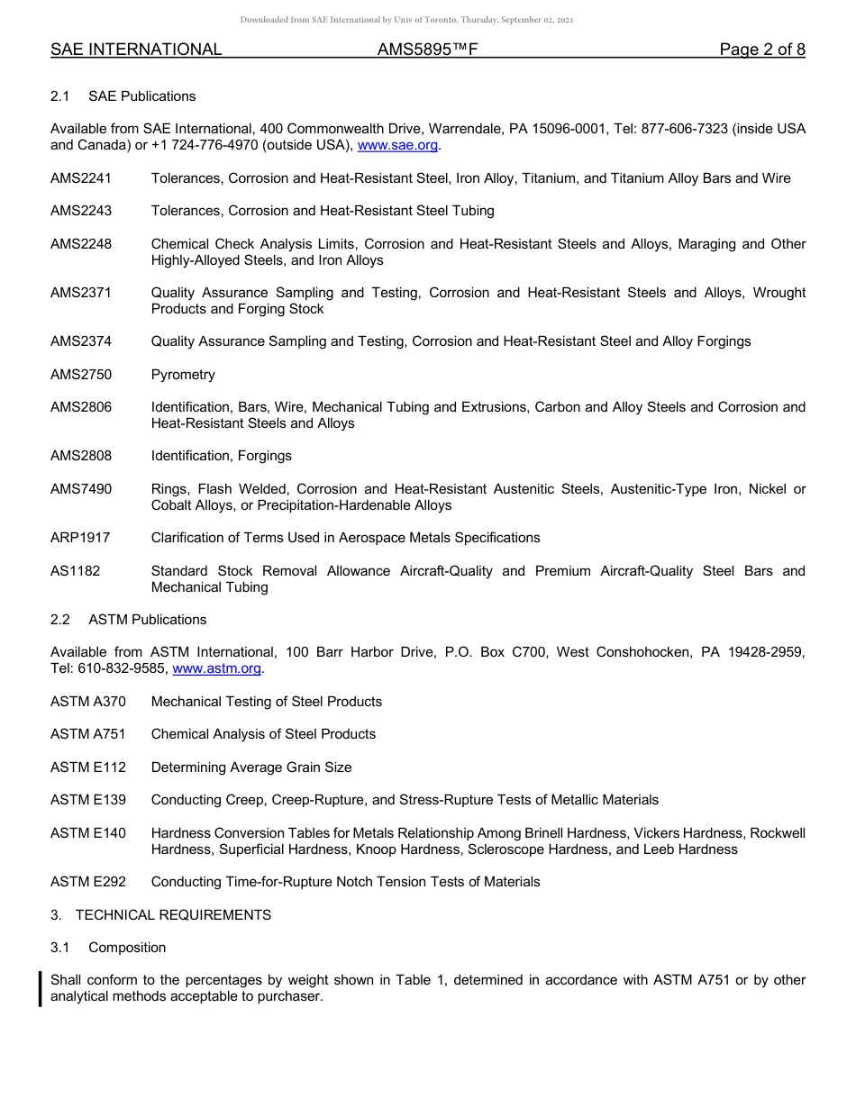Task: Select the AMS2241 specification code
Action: click(x=81, y=178)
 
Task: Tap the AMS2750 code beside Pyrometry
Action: click(x=81, y=375)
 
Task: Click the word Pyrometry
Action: click(x=183, y=375)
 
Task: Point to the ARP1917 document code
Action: click(x=80, y=538)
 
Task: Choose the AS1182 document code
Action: click(x=75, y=571)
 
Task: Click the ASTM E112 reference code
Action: click(x=88, y=767)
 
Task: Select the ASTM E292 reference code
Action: click(x=88, y=882)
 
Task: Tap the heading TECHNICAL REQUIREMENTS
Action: click(x=173, y=915)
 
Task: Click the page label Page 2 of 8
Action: click(x=762, y=50)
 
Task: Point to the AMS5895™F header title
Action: click(x=427, y=50)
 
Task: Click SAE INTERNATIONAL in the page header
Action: click(x=136, y=50)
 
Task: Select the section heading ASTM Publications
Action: click(x=147, y=620)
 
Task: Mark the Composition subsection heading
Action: click(x=127, y=948)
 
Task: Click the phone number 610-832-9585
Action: click(x=121, y=668)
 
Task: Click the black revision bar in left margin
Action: click(x=41, y=988)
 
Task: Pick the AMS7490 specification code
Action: click(x=81, y=489)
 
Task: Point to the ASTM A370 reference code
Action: click(x=88, y=702)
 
